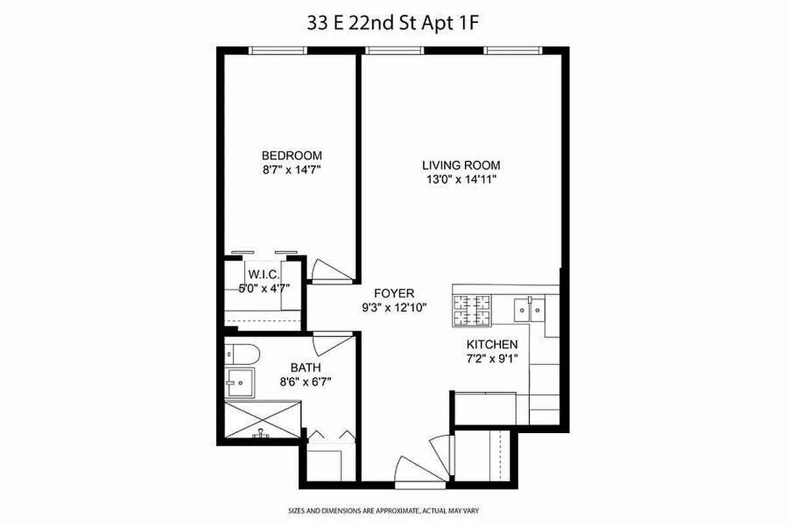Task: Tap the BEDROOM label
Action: pyautogui.click(x=292, y=156)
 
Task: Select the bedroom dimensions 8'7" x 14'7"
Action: pyautogui.click(x=292, y=169)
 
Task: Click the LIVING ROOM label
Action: pyautogui.click(x=461, y=165)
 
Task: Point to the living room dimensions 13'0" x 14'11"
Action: pyautogui.click(x=461, y=179)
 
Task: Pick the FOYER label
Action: pyautogui.click(x=394, y=293)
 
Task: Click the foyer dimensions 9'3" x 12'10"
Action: pyautogui.click(x=394, y=306)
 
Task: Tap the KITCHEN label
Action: pyautogui.click(x=492, y=345)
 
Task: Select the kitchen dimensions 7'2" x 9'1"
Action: pyautogui.click(x=492, y=358)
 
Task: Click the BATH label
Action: pyautogui.click(x=305, y=368)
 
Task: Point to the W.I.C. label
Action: pyautogui.click(x=264, y=274)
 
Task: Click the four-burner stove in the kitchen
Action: pyautogui.click(x=472, y=310)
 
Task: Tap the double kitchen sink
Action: pyautogui.click(x=529, y=307)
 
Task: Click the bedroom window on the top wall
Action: pyautogui.click(x=278, y=50)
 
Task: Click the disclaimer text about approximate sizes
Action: pyautogui.click(x=394, y=510)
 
